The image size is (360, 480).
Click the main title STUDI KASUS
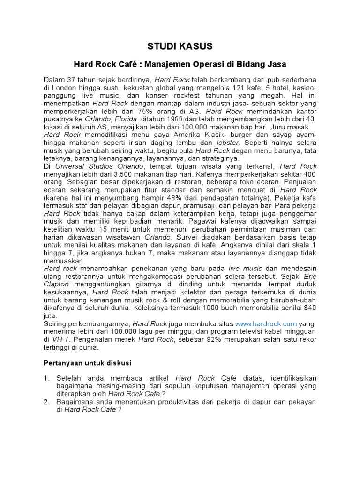pos(180,46)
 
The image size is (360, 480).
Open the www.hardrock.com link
pos(266,324)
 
